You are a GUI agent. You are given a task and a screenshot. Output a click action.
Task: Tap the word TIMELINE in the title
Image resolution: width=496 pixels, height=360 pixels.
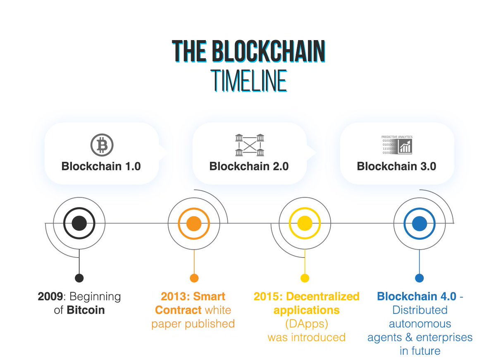tap(248, 81)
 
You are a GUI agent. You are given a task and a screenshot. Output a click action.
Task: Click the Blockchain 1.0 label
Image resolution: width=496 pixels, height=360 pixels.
tap(101, 167)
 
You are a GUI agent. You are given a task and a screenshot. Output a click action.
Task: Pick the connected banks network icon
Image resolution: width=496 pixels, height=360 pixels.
tap(249, 145)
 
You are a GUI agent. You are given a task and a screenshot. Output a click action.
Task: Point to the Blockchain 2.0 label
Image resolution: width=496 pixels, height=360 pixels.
tap(249, 167)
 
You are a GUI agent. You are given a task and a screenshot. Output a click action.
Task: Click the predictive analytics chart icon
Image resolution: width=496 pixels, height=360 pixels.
tap(396, 145)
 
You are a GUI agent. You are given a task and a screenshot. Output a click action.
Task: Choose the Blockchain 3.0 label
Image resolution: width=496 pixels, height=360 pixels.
tap(396, 167)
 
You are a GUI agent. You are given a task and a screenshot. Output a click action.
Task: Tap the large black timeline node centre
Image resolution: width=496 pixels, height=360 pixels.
tap(79, 224)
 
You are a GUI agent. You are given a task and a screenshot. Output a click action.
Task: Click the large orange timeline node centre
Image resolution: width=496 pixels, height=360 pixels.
tap(194, 224)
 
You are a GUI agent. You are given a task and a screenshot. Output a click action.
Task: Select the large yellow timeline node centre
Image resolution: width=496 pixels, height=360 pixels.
tap(305, 224)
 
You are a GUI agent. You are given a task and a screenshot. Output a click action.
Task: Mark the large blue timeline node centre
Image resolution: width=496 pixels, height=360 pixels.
tap(419, 224)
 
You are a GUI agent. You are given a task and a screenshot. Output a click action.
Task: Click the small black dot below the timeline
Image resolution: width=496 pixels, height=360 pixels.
tap(79, 278)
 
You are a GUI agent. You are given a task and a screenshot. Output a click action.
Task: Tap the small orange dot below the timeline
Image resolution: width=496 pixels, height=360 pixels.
tap(194, 278)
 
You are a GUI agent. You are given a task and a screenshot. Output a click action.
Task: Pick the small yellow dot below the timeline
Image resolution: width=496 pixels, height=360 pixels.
tap(305, 278)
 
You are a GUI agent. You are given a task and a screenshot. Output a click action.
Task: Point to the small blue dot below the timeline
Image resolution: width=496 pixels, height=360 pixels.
tap(419, 278)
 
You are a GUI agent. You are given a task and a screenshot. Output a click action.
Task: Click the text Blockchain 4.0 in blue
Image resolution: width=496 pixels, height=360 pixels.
tap(416, 296)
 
